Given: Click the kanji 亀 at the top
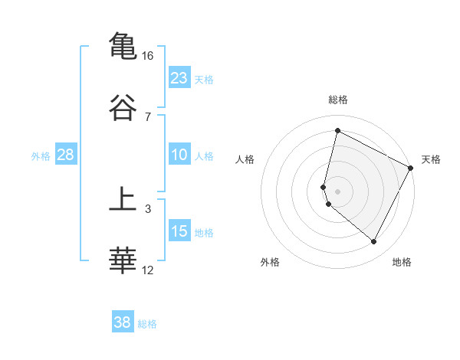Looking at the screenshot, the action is pyautogui.click(x=123, y=45).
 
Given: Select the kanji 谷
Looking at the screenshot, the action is pyautogui.click(x=123, y=106).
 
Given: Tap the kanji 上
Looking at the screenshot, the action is pyautogui.click(x=123, y=199).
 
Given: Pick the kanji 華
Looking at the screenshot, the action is pyautogui.click(x=123, y=260).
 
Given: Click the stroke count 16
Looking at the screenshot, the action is pyautogui.click(x=148, y=56).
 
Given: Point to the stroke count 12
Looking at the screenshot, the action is pyautogui.click(x=148, y=270).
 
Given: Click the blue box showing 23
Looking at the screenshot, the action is pyautogui.click(x=179, y=78).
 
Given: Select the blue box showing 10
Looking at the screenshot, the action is pyautogui.click(x=179, y=155).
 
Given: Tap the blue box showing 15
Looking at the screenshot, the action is pyautogui.click(x=179, y=231).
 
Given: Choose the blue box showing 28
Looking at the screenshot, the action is pyautogui.click(x=65, y=155).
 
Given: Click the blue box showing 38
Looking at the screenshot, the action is pyautogui.click(x=123, y=322).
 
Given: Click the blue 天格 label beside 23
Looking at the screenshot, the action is pyautogui.click(x=204, y=79).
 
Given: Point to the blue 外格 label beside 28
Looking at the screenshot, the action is pyautogui.click(x=41, y=156).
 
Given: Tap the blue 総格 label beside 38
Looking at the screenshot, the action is pyautogui.click(x=147, y=323).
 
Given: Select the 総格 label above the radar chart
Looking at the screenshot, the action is pyautogui.click(x=337, y=100).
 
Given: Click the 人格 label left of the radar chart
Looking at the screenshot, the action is pyautogui.click(x=245, y=159).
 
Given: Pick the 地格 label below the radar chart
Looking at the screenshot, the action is pyautogui.click(x=402, y=262).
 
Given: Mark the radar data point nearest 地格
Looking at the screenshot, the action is pyautogui.click(x=373, y=242).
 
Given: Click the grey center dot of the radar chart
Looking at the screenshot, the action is pyautogui.click(x=337, y=191).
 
